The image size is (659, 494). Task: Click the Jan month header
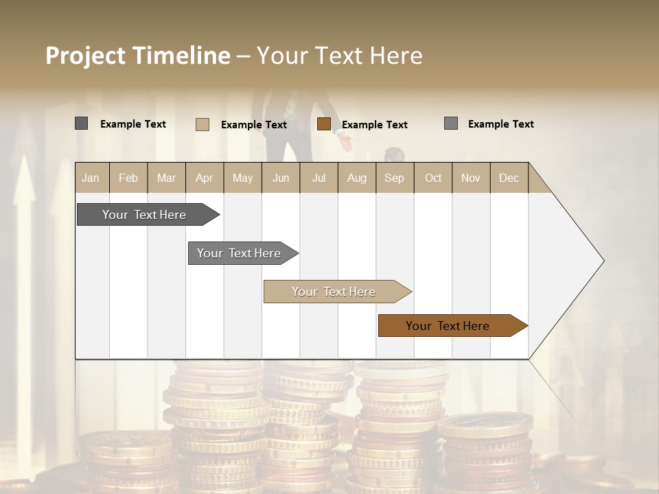tap(91, 178)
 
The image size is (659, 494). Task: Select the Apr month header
tap(204, 178)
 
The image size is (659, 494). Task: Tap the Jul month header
tap(319, 178)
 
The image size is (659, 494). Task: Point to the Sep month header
tap(394, 178)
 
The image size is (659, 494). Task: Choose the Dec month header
tap(509, 178)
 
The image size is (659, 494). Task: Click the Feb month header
tap(128, 178)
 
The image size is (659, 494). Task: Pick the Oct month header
tap(433, 178)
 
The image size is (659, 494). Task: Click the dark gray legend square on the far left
tap(81, 123)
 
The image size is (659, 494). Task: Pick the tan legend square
tap(203, 124)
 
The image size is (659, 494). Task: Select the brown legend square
tap(324, 124)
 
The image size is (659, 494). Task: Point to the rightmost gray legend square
tap(451, 123)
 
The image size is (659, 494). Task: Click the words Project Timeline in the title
tap(137, 56)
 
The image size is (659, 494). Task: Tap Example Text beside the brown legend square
tap(375, 125)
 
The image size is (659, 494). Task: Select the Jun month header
tap(281, 178)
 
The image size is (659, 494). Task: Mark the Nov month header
tap(471, 178)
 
